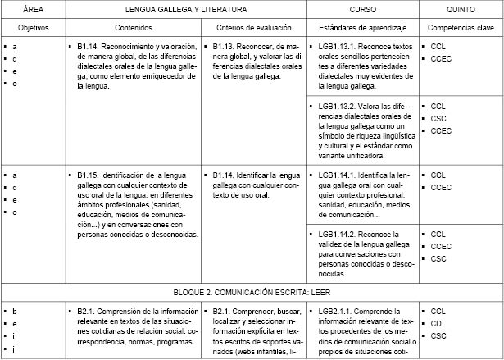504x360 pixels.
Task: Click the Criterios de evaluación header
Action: click(253, 26)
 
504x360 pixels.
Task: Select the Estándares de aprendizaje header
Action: click(362, 26)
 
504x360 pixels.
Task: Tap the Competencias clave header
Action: click(461, 26)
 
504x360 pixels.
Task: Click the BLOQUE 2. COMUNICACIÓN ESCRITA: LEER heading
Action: click(252, 292)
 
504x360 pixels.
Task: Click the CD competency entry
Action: click(436, 324)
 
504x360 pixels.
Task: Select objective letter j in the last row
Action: click(15, 349)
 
